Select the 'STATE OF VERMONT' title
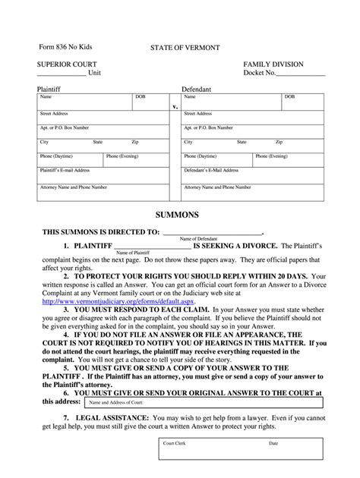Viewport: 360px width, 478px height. [184, 48]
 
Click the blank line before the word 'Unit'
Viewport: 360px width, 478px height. [61, 74]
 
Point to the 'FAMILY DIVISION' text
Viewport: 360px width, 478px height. [270, 64]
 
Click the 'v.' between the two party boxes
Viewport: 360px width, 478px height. [175, 107]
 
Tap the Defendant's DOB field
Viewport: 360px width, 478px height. [302, 102]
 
